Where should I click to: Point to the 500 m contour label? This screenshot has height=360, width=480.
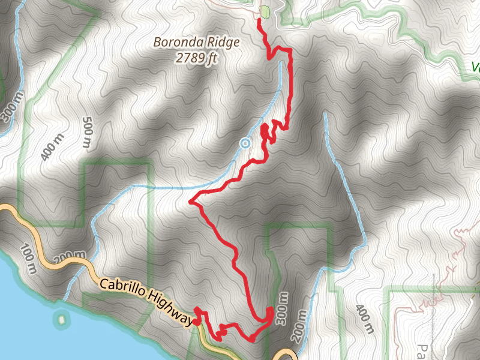pyautogui.click(x=87, y=132)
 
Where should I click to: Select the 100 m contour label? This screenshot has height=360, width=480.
pyautogui.click(x=28, y=259)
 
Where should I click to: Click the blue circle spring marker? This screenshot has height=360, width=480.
pyautogui.click(x=244, y=143)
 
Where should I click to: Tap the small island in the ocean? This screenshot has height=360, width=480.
pyautogui.click(x=61, y=318)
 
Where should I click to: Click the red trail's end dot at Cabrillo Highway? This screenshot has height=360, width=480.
pyautogui.click(x=196, y=322)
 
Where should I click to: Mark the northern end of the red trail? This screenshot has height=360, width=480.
pyautogui.click(x=259, y=20)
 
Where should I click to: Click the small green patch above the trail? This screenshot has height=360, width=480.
pyautogui.click(x=265, y=11)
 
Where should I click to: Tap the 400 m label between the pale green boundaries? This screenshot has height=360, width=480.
pyautogui.click(x=364, y=320)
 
